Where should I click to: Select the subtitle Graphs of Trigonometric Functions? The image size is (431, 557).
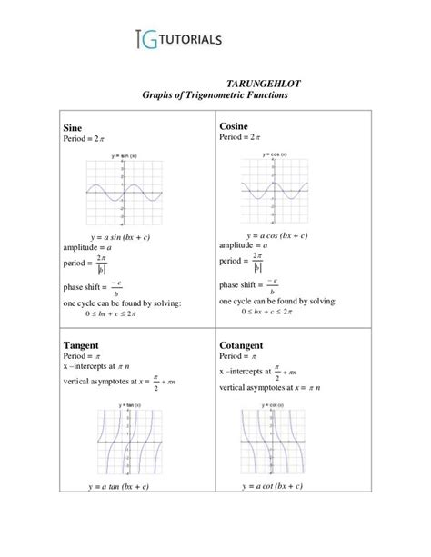(215, 95)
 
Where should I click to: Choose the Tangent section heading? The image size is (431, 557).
(85, 346)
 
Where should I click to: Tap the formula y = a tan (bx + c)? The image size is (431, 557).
(119, 486)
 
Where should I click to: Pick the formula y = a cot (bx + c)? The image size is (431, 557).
(273, 486)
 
